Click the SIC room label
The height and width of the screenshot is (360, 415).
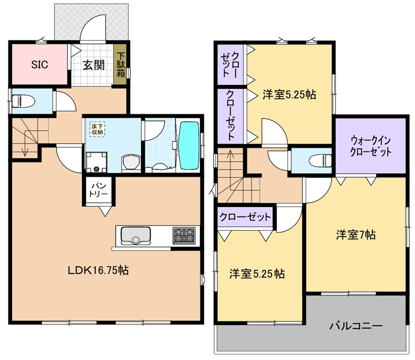(40, 65)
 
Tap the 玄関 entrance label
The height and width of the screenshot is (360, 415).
(94, 65)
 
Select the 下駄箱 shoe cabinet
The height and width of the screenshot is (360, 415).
(121, 65)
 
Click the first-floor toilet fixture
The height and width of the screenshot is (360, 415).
(23, 101)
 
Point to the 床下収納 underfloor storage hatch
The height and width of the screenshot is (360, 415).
(97, 129)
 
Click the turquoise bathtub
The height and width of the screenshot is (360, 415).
(189, 145)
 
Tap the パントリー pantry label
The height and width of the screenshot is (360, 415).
(98, 190)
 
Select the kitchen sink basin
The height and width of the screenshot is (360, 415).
(136, 235)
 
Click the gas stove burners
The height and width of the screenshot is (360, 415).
(184, 235)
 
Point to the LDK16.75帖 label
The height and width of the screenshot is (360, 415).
(98, 270)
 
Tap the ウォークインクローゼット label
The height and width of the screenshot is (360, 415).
(371, 146)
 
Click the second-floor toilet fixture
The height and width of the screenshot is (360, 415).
(321, 161)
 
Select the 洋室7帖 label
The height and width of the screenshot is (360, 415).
(356, 235)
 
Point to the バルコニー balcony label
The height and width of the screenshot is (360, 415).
(356, 326)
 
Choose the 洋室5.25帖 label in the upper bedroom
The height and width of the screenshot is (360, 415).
(289, 94)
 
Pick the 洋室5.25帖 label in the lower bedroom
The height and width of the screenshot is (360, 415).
(257, 273)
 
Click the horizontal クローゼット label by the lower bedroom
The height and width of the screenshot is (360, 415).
(245, 217)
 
